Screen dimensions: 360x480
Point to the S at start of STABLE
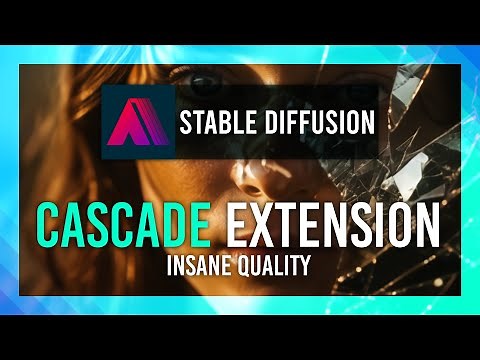click(186, 123)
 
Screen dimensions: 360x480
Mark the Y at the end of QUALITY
click(303, 267)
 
